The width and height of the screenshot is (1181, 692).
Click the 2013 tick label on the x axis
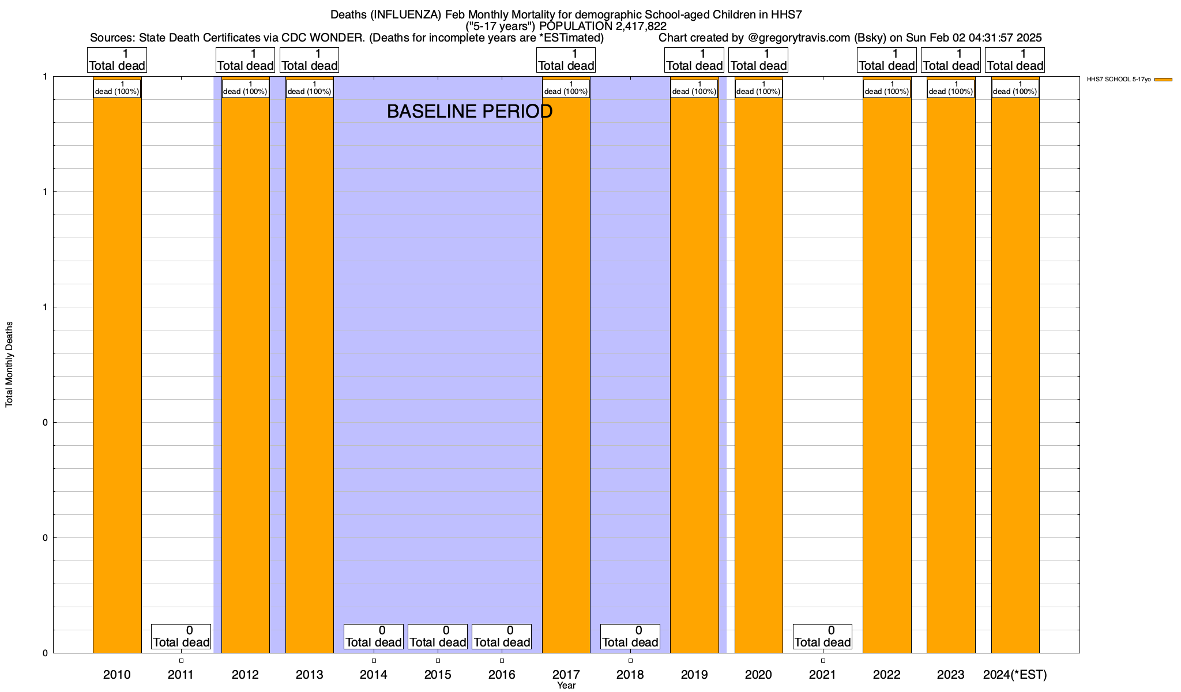coord(309,675)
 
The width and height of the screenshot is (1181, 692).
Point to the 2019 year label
coord(694,675)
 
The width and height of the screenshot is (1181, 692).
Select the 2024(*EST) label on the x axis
coord(1015,675)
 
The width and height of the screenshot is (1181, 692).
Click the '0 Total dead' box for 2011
coord(181,637)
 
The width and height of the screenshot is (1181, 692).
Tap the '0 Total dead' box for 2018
coord(630,637)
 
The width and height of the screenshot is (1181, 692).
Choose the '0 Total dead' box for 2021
coord(822,637)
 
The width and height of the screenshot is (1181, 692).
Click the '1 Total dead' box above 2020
coord(758,60)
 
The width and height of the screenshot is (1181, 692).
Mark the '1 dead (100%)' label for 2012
coord(245,88)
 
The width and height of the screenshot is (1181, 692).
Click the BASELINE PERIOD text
coord(469,111)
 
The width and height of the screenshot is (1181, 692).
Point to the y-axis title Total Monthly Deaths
coord(9,364)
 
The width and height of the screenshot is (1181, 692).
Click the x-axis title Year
coord(566,686)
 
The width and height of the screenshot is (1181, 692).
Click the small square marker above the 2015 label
coord(438,660)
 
